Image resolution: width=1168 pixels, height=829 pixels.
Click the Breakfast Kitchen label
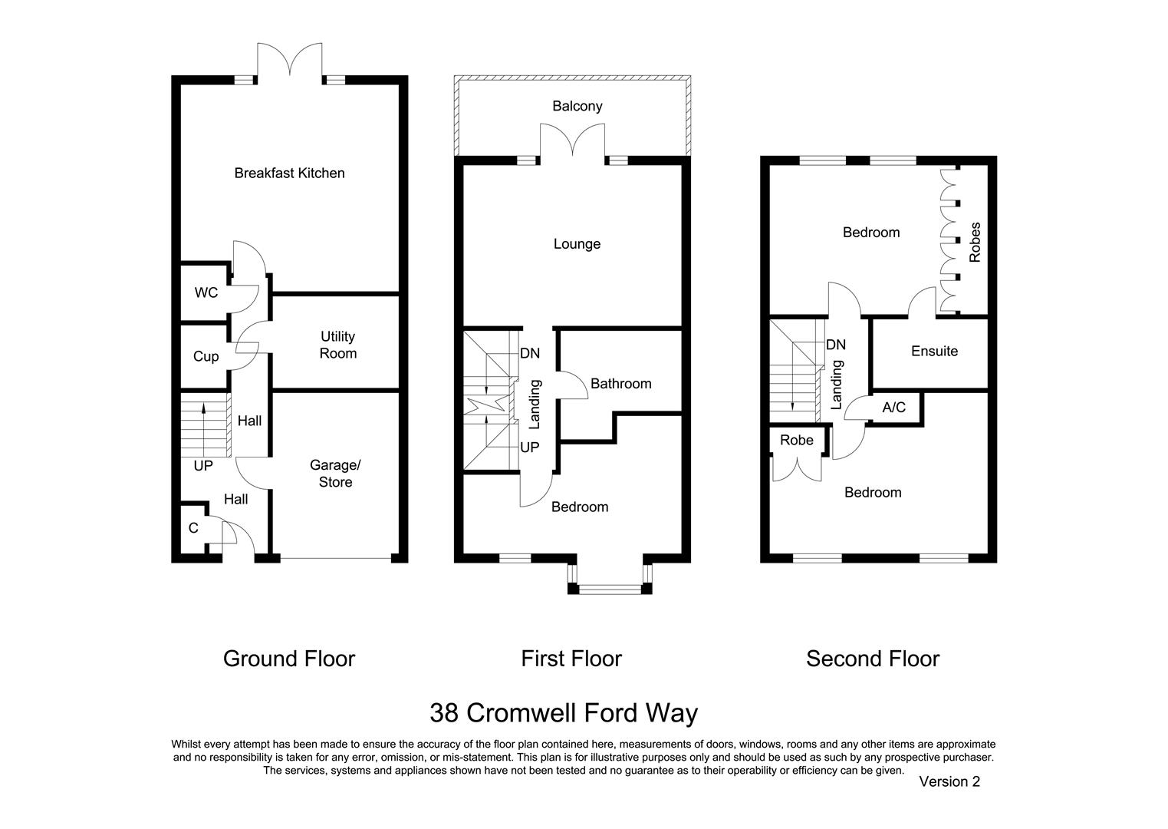[289, 173]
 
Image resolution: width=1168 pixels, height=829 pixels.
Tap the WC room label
[206, 292]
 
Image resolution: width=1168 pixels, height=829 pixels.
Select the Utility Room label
[338, 345]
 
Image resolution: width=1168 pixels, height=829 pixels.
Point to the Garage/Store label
[335, 474]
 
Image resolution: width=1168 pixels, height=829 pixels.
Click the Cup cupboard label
[206, 357]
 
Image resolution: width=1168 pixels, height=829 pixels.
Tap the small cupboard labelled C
[193, 528]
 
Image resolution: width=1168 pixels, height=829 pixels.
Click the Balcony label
[577, 106]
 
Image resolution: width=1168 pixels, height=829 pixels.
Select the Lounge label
[577, 244]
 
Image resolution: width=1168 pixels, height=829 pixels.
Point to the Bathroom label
[620, 384]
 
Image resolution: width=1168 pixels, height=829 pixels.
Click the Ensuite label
[934, 351]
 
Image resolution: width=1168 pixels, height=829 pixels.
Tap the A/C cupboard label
[893, 407]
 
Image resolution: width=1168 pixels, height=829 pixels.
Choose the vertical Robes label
[975, 243]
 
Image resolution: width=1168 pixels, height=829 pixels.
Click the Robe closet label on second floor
[796, 440]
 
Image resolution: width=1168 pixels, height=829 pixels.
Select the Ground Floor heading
[289, 659]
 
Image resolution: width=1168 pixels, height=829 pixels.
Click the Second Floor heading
[872, 659]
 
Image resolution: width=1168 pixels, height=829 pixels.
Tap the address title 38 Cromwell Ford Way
[563, 713]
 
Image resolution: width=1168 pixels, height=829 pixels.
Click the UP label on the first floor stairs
[529, 448]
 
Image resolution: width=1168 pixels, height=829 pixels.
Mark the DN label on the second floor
[836, 345]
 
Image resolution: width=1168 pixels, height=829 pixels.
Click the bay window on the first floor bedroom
[610, 589]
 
